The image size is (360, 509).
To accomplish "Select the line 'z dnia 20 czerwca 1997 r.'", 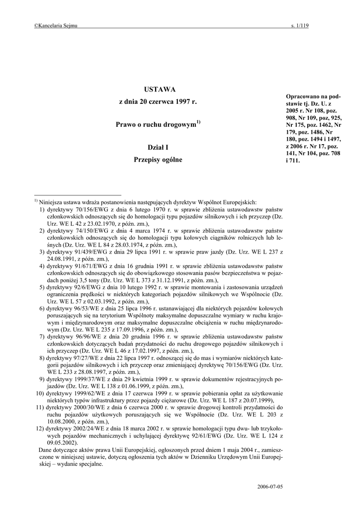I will pyautogui.click(x=158, y=101).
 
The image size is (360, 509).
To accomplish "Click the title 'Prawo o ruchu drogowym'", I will pyautogui.click(x=157, y=125).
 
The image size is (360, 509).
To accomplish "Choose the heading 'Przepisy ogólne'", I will pyautogui.click(x=158, y=160).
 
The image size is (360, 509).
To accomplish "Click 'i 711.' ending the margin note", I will pyautogui.click(x=293, y=161).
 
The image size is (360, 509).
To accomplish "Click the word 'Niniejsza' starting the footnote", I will pyautogui.click(x=52, y=202).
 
